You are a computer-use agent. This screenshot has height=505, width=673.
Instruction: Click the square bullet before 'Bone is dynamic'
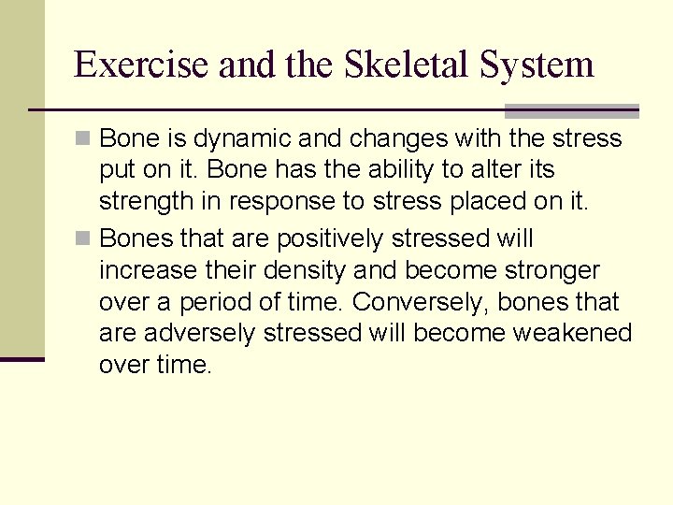point(84,139)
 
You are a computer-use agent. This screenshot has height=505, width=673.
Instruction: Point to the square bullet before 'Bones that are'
point(84,238)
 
